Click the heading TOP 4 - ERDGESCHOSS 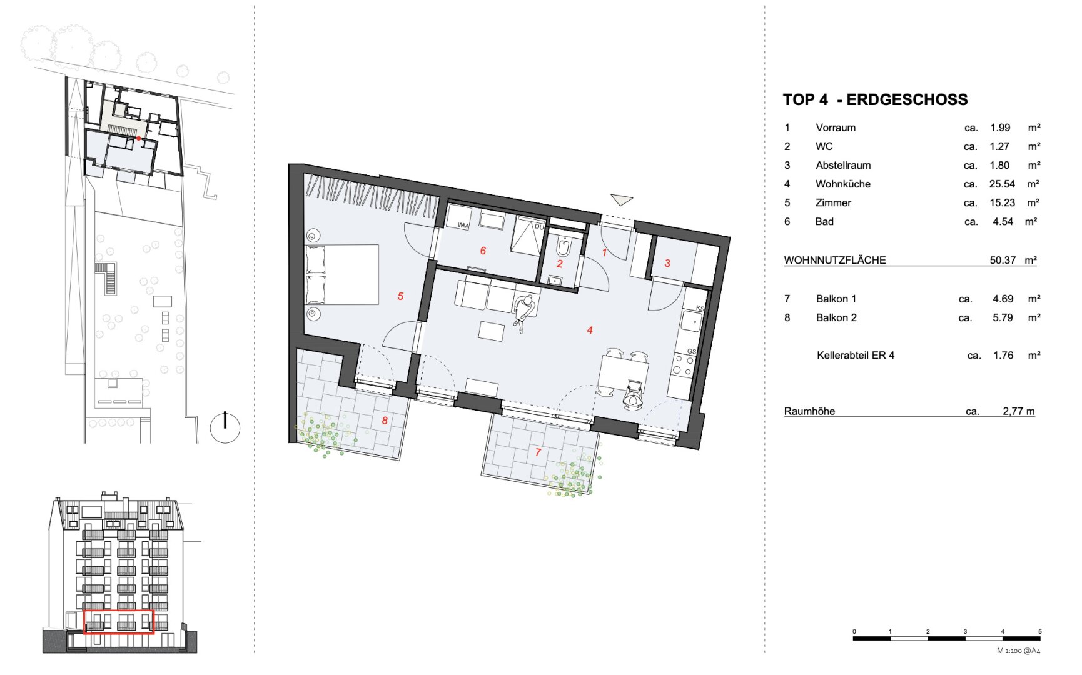click(x=875, y=99)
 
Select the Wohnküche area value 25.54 click(x=1002, y=184)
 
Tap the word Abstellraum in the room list click(x=843, y=165)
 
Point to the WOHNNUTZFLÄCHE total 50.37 click(x=1003, y=260)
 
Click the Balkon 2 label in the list click(x=836, y=317)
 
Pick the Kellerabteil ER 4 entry click(x=856, y=355)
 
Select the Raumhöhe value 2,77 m click(x=1019, y=411)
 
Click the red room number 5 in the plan click(x=400, y=296)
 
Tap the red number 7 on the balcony click(x=538, y=452)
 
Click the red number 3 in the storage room click(x=667, y=263)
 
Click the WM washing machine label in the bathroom click(x=463, y=225)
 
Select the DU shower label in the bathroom click(x=539, y=226)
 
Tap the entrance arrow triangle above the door click(x=622, y=200)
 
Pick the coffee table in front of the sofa click(x=491, y=331)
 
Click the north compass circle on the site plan click(x=225, y=427)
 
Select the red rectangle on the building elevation click(x=119, y=621)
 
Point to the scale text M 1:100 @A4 click(x=1019, y=651)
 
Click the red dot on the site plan click(x=139, y=137)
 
